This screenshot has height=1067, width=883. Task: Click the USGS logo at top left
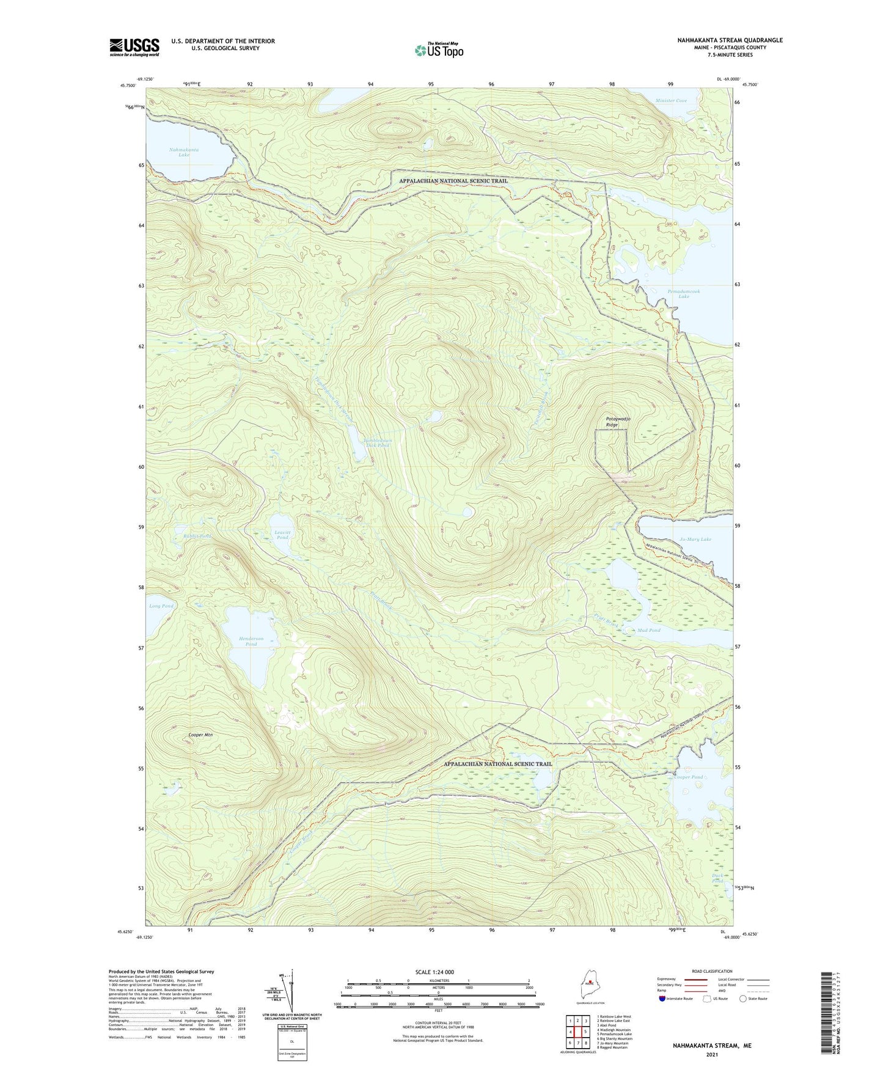click(134, 47)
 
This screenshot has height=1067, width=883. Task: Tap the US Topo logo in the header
click(438, 50)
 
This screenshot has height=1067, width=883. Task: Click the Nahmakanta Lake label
click(184, 152)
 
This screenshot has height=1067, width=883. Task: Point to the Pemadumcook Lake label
click(684, 294)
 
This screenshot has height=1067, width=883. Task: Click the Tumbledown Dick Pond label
click(376, 442)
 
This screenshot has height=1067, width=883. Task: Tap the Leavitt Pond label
click(282, 535)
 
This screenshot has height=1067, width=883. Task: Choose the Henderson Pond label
click(251, 641)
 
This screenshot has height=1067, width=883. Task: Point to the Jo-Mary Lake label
click(695, 540)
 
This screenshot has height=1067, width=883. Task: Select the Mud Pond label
click(649, 630)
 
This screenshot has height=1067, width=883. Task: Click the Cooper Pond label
click(689, 777)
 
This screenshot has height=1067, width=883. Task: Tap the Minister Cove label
click(671, 101)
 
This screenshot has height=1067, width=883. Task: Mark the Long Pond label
click(161, 606)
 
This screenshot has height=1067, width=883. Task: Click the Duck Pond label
click(717, 878)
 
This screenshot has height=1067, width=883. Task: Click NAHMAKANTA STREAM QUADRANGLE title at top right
click(729, 40)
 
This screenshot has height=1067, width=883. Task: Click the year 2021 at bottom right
click(712, 1055)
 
